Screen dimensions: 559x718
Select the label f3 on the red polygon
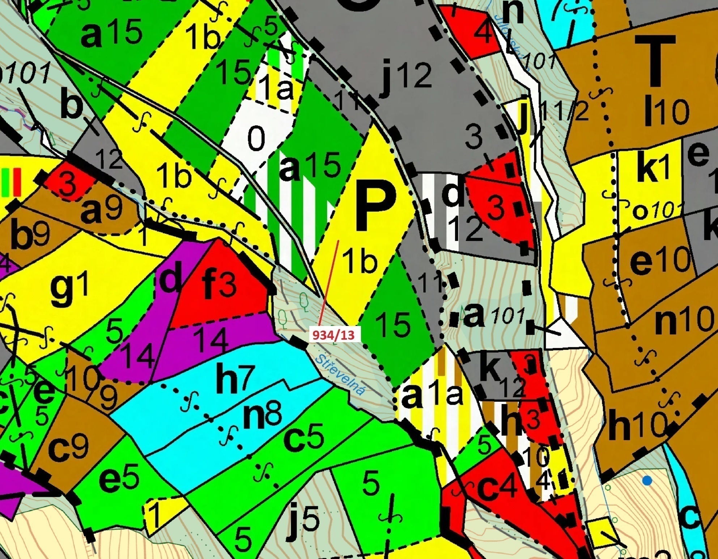click(219, 285)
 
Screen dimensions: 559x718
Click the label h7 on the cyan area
click(235, 379)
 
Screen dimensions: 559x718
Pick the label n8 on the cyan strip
click(262, 416)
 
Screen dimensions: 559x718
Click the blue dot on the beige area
click(647, 481)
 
